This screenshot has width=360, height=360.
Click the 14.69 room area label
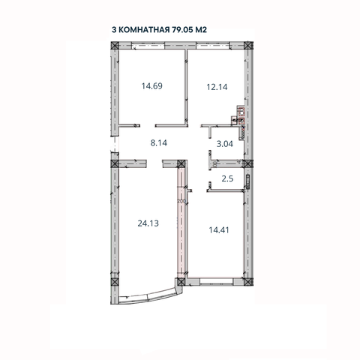point(151,85)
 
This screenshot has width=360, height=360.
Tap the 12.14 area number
point(216,85)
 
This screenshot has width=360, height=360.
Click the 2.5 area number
point(229,178)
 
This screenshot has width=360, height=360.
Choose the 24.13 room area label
point(148,222)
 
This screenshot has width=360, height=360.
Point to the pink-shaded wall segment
point(181,225)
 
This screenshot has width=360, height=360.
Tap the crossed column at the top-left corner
point(115,45)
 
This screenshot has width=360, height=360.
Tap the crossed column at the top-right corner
point(250,45)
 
